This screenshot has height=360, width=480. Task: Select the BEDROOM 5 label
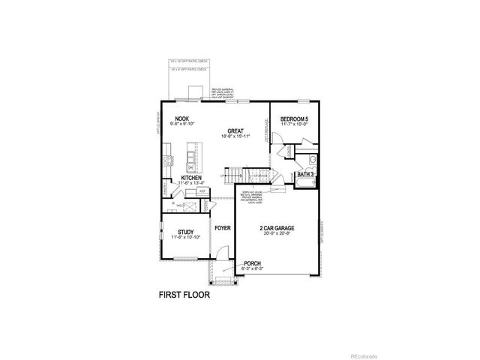(x=295, y=119)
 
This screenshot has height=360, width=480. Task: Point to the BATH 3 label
(x=305, y=174)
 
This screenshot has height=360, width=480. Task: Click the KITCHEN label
(x=190, y=178)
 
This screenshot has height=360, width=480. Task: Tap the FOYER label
(x=222, y=227)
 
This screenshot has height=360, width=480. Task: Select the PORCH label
(x=253, y=264)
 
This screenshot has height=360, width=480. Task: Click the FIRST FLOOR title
(x=184, y=295)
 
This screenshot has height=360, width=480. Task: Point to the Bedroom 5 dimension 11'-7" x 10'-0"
(x=295, y=125)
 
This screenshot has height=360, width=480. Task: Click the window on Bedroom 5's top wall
(x=303, y=100)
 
